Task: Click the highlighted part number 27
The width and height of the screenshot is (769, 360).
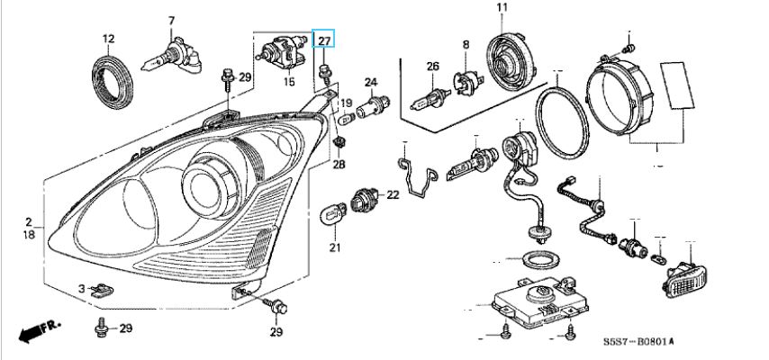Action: pos(324,40)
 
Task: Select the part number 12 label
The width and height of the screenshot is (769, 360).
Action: pos(108,39)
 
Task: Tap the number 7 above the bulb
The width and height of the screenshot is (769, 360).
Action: pos(172,21)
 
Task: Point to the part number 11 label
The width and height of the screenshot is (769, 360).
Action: pos(502,8)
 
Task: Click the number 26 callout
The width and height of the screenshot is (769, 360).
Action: pos(432,67)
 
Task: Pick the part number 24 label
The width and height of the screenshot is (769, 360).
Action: pos(371,81)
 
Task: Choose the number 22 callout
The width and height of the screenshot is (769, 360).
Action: pos(394,195)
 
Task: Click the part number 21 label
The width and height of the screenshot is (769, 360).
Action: pos(334,248)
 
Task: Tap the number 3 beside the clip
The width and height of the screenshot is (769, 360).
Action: pos(83,288)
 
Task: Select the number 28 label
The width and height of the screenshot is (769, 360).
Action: pos(339,165)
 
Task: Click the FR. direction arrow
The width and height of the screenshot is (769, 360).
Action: pos(40,330)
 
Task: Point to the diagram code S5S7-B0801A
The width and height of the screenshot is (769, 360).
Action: pos(638,340)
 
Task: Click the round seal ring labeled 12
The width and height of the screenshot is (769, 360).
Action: pos(113,82)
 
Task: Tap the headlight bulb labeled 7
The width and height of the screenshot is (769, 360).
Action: pos(172,58)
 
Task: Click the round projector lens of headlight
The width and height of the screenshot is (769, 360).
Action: pos(202,188)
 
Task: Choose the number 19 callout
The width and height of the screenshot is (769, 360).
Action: pos(347,103)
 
